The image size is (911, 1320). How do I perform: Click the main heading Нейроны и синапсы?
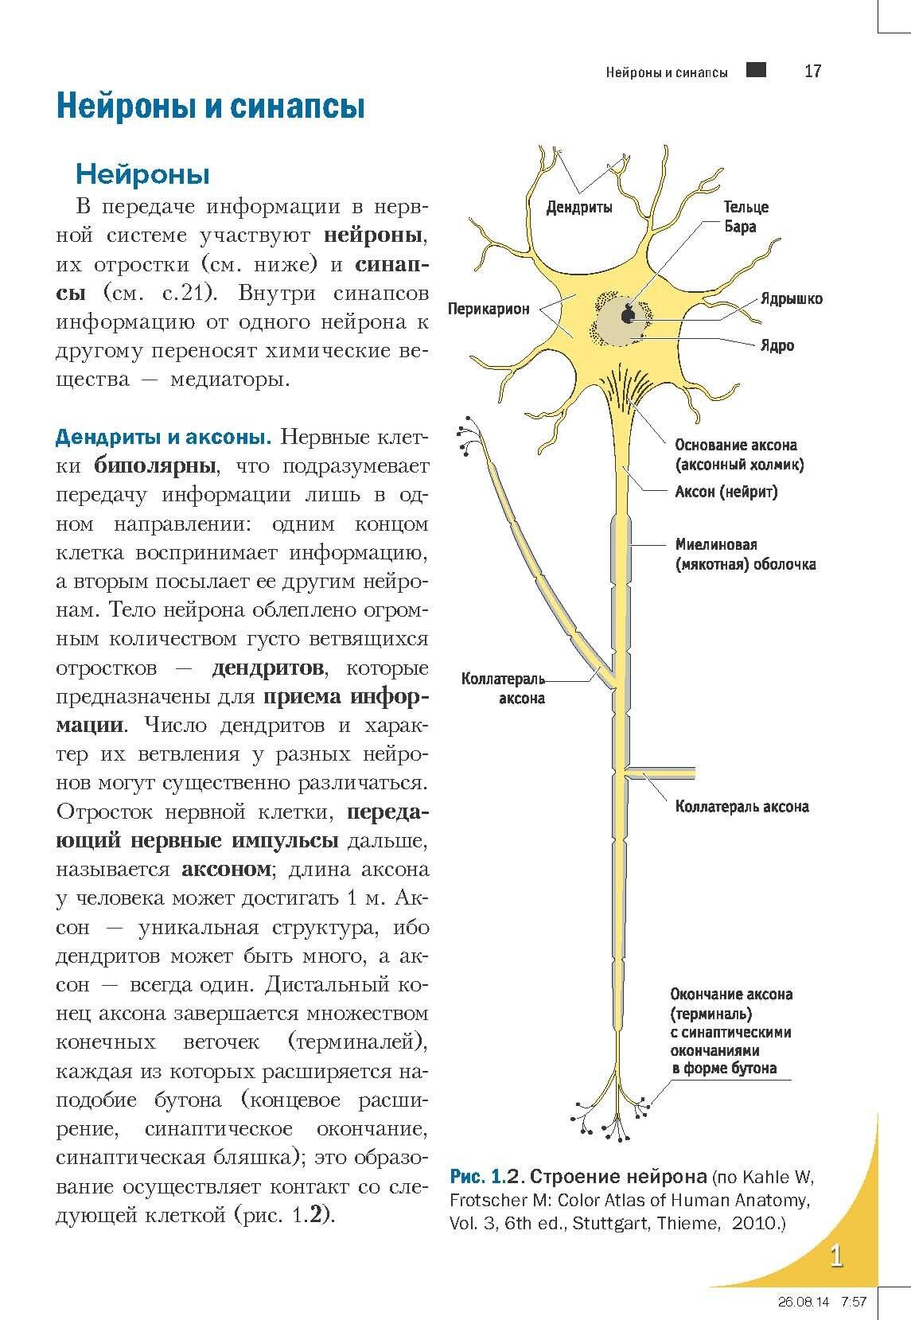[x=210, y=107]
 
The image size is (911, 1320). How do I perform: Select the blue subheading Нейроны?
[x=142, y=173]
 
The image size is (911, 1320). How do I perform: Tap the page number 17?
[x=812, y=72]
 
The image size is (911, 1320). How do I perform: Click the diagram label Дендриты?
[x=579, y=208]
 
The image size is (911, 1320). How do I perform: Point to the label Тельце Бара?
[x=746, y=216]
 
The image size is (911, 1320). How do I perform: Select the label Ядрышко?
[x=791, y=299]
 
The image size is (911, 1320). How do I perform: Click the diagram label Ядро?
[x=777, y=346]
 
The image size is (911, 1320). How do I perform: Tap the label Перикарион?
[x=489, y=309]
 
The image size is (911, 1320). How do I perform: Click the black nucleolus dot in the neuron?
[x=629, y=316]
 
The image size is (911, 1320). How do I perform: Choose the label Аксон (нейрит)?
[x=726, y=492]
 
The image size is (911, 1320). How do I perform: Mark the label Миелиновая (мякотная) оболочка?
[x=745, y=555]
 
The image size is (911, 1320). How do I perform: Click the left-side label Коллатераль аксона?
[x=503, y=688]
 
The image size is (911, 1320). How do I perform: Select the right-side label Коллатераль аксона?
[x=742, y=807]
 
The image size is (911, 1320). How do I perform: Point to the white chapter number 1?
[x=836, y=1256]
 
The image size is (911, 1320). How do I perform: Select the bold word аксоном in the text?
[x=226, y=869]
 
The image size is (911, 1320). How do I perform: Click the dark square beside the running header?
[x=757, y=70]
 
